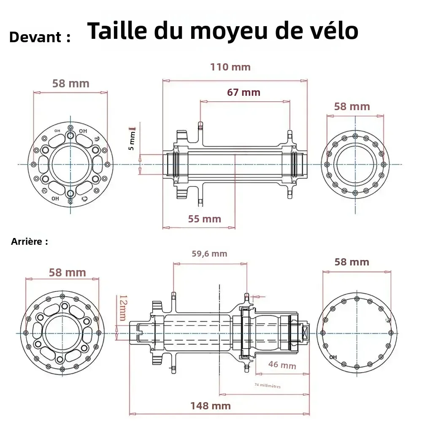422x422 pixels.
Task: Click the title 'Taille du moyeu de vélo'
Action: (222, 31)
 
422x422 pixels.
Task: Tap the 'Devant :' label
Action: (40, 37)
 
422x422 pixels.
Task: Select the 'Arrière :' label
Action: (30, 242)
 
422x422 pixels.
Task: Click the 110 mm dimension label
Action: (230, 67)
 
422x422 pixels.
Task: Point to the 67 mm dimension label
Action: (243, 92)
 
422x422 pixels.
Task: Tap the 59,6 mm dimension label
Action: (209, 254)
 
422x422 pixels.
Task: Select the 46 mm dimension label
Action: (282, 365)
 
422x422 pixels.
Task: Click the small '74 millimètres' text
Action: (268, 385)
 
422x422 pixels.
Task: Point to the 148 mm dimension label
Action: (210, 406)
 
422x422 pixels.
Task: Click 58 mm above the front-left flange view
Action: (71, 84)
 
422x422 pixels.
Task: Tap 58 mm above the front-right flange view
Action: (352, 106)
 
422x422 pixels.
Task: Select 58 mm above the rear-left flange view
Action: (68, 273)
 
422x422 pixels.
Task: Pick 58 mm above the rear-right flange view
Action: (352, 262)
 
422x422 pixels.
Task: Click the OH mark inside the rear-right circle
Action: (333, 357)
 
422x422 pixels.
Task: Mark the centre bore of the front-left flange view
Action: (70, 164)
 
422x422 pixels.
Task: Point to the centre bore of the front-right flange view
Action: (355, 164)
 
